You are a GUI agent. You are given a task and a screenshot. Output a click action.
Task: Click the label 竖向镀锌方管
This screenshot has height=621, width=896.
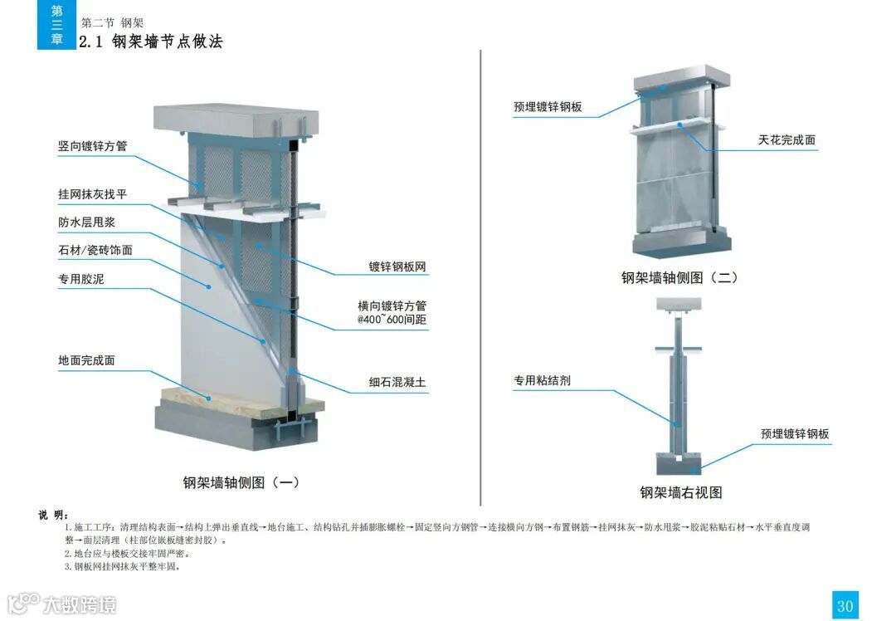pyautogui.click(x=92, y=147)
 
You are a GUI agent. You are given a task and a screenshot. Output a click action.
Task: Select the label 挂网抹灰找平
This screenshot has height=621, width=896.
pyautogui.click(x=92, y=195)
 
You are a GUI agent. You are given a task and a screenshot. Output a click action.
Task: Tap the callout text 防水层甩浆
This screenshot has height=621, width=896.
pyautogui.click(x=86, y=222)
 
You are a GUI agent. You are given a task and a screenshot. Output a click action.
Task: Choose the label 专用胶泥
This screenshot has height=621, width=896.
pyautogui.click(x=80, y=279)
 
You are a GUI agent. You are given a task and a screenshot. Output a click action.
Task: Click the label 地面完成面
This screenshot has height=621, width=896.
pyautogui.click(x=86, y=361)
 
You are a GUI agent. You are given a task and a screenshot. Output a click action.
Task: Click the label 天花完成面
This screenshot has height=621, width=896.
pyautogui.click(x=786, y=139)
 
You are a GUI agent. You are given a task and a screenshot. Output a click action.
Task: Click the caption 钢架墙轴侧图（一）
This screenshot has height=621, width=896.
pyautogui.click(x=241, y=482)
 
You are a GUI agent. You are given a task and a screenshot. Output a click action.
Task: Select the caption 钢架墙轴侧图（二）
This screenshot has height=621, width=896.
pyautogui.click(x=679, y=278)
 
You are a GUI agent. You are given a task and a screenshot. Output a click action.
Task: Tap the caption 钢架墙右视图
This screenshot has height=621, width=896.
pyautogui.click(x=680, y=492)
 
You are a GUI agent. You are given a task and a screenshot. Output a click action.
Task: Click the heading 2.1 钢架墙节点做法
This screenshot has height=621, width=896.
pyautogui.click(x=151, y=42)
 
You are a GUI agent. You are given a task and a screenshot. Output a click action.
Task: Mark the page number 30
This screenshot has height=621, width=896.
pyautogui.click(x=845, y=605)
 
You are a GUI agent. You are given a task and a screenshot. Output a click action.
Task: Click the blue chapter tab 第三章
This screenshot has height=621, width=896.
pyautogui.click(x=56, y=25)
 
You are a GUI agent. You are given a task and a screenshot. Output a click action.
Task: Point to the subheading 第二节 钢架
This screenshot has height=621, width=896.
pyautogui.click(x=112, y=23)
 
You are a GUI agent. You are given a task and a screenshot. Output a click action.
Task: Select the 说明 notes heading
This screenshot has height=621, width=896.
pyautogui.click(x=53, y=515)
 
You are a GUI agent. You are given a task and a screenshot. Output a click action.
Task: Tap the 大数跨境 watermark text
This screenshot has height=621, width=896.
pyautogui.click(x=80, y=604)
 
